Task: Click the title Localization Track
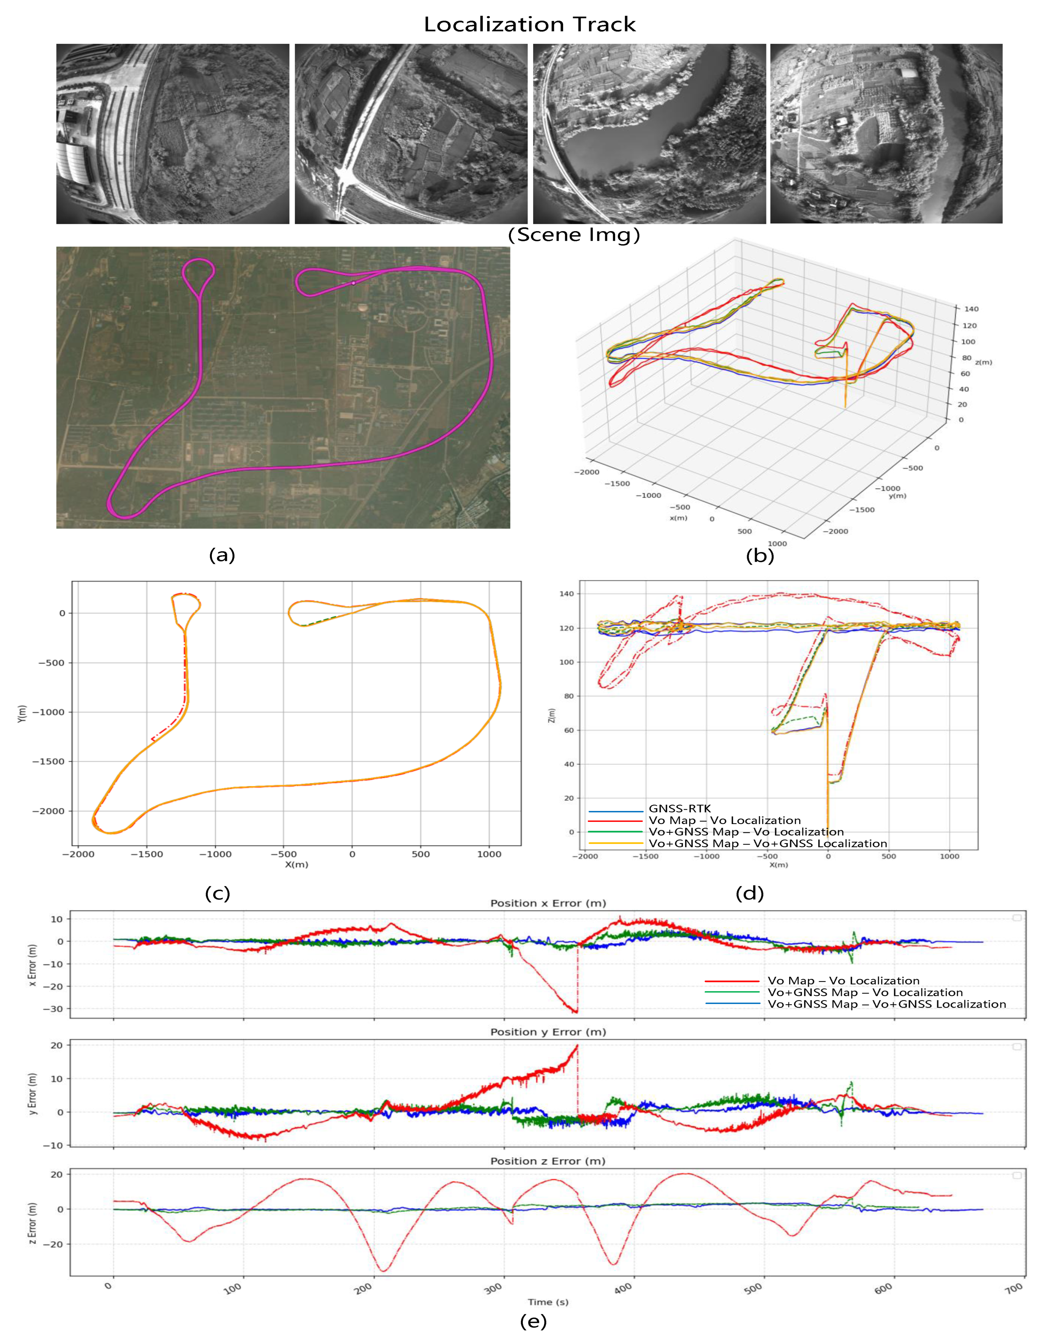click(529, 25)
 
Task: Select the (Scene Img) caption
click(574, 234)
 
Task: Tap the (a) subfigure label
click(222, 555)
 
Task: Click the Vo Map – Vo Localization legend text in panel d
click(725, 820)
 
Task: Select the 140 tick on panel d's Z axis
click(567, 594)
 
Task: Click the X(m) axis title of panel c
click(297, 865)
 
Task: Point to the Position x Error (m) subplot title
click(548, 903)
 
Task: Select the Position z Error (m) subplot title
click(548, 1161)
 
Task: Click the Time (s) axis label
click(548, 1302)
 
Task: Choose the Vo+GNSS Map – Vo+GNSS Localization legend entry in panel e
click(887, 1004)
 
